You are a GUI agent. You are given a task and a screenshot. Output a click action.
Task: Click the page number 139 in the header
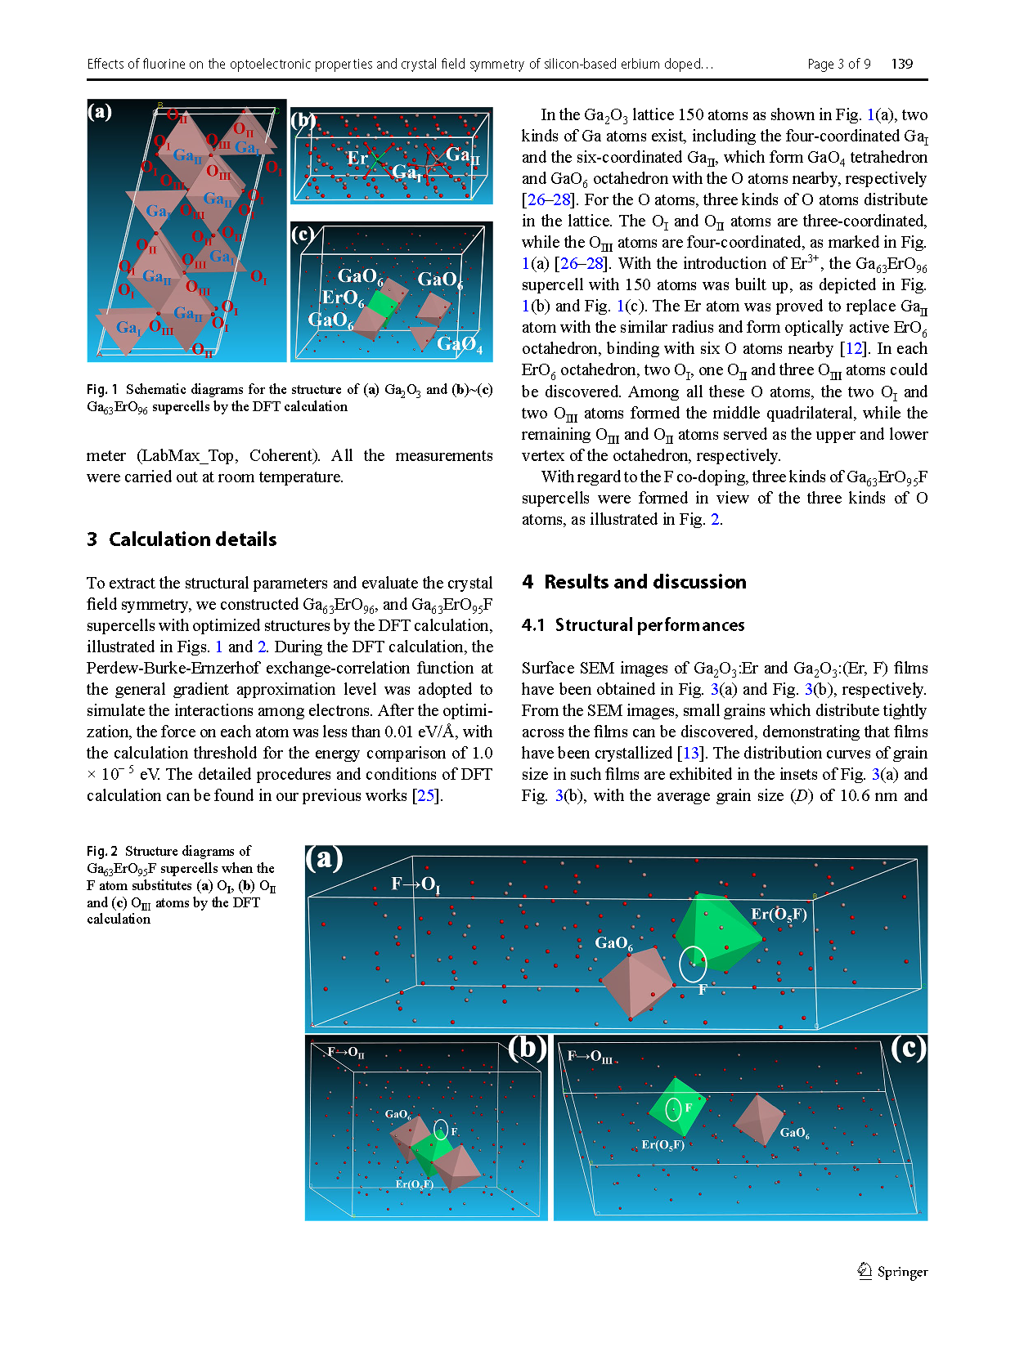pyautogui.click(x=901, y=64)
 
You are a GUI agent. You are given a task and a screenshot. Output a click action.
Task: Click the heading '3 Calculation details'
pyautogui.click(x=182, y=539)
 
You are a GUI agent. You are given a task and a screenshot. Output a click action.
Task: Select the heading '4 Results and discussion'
pyautogui.click(x=634, y=582)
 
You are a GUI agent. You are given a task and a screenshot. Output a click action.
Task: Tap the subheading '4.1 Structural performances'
pyautogui.click(x=633, y=625)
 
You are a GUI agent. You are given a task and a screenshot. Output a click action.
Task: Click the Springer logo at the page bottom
pyautogui.click(x=892, y=1271)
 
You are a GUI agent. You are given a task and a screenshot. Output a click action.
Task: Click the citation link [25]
pyautogui.click(x=425, y=795)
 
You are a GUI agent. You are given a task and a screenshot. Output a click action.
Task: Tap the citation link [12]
pyautogui.click(x=854, y=349)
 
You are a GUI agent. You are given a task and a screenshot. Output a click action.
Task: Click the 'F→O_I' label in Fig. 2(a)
pyautogui.click(x=415, y=884)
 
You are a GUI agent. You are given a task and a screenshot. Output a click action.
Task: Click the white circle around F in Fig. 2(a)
pyautogui.click(x=693, y=964)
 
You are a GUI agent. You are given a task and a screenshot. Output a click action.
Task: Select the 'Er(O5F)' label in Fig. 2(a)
pyautogui.click(x=779, y=914)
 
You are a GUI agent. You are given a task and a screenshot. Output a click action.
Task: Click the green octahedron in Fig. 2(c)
pyautogui.click(x=676, y=1108)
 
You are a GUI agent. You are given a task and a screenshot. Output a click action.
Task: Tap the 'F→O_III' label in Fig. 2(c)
pyautogui.click(x=589, y=1057)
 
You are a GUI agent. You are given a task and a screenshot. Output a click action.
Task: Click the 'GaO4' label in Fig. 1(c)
pyautogui.click(x=459, y=344)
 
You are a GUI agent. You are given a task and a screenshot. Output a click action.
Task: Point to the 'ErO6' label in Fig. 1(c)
pyautogui.click(x=343, y=298)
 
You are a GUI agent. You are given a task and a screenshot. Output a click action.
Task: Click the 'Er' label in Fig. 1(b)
pyautogui.click(x=357, y=158)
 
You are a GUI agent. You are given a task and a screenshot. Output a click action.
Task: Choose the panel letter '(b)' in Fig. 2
pyautogui.click(x=527, y=1048)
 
